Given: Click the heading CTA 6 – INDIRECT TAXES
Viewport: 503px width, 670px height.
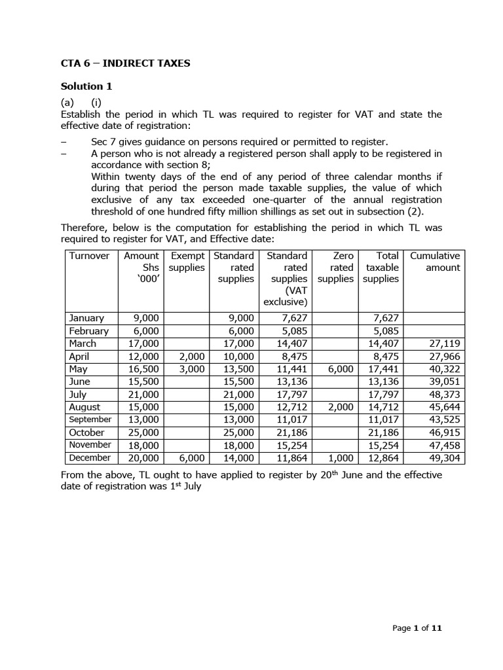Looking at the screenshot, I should pos(126,63).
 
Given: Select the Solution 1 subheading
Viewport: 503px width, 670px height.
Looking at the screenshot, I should pos(91,86).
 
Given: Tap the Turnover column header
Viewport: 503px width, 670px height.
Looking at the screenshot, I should pos(89,256).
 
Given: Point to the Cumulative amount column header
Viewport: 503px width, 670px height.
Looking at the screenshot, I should pos(435,262).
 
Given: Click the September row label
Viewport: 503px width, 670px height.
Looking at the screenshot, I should pos(90,419).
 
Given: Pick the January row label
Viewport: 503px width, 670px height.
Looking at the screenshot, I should pos(86,318).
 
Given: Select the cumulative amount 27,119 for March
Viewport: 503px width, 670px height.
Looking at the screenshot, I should pos(443,344).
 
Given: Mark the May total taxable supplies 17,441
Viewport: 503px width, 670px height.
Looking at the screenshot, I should pos(381,369).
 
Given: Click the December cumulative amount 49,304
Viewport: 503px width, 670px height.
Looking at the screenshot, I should pos(443,458).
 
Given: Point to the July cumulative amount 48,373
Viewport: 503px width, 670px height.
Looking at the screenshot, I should pos(443,395).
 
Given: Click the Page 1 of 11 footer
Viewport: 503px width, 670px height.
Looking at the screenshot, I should pos(418,628).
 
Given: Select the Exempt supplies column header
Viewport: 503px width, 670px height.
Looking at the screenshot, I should pos(187,262).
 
